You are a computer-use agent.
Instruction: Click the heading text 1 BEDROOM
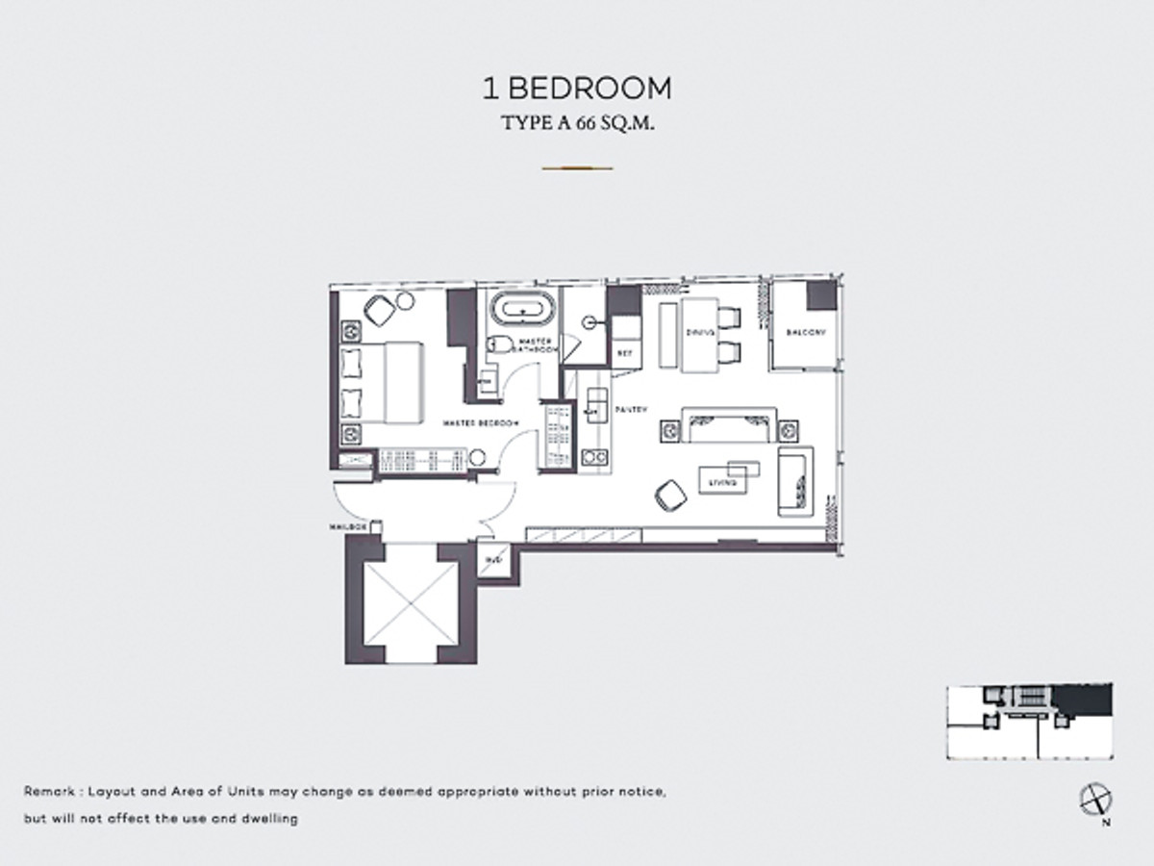tap(576, 89)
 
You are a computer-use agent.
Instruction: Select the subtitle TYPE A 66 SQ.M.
tap(576, 125)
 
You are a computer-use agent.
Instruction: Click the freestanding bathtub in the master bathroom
tap(523, 311)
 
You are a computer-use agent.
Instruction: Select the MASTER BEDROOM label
tap(481, 423)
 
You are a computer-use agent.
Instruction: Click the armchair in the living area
tap(669, 495)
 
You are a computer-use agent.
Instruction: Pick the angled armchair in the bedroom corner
tap(381, 309)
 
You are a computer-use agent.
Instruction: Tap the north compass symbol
tap(1094, 798)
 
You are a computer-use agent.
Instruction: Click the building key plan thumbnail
tap(1029, 722)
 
